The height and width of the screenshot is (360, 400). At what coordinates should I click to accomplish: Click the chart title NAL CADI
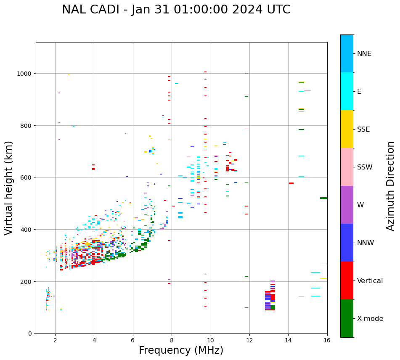[176, 10]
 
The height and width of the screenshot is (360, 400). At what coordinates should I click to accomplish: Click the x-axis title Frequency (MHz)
[181, 350]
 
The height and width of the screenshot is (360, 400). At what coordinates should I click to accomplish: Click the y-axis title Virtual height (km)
[9, 188]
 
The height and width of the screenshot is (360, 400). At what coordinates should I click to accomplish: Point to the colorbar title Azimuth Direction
[391, 186]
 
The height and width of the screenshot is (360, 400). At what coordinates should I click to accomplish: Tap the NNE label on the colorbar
[364, 53]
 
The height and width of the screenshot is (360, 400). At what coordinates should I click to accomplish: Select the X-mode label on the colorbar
[370, 318]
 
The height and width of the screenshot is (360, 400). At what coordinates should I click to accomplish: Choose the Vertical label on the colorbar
[370, 281]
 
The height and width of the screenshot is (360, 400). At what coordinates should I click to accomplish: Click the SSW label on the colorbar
[364, 167]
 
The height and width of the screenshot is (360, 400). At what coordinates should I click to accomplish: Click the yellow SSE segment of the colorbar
[347, 129]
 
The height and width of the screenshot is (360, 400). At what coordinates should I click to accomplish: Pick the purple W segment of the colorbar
[347, 205]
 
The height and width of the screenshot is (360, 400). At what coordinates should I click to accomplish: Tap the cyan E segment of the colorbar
[347, 91]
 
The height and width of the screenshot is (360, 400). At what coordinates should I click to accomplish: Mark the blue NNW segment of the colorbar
[347, 243]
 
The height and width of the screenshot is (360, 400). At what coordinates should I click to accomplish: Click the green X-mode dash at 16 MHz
[323, 198]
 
